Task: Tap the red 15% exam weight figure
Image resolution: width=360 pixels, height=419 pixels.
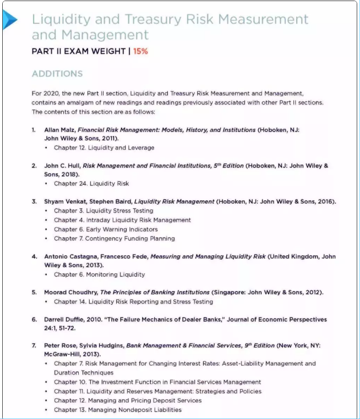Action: (140, 52)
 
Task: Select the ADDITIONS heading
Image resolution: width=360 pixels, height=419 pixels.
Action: (57, 74)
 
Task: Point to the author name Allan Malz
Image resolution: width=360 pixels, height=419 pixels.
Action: (59, 130)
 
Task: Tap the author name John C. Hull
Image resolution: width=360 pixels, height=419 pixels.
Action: (62, 166)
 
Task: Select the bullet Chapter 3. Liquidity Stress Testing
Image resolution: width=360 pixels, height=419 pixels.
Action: (103, 211)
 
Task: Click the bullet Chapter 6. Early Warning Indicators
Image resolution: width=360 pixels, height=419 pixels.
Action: (106, 229)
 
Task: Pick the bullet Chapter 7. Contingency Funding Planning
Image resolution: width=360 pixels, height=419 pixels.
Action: (114, 238)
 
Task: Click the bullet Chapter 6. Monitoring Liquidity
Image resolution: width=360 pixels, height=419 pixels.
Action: (99, 274)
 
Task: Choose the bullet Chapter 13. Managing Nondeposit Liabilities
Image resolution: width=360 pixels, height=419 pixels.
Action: (117, 409)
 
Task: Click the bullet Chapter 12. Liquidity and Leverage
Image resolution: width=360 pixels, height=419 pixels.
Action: (104, 147)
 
